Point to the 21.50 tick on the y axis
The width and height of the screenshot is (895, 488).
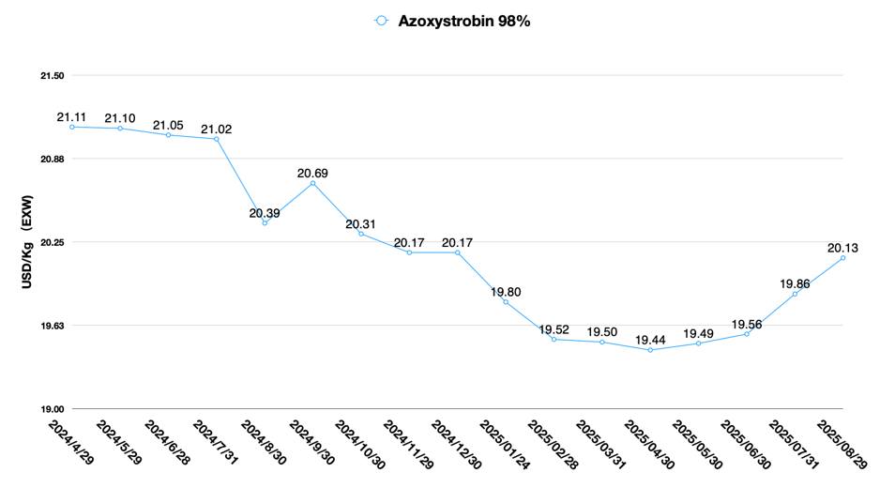point(51,75)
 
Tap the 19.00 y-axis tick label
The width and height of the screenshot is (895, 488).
point(51,409)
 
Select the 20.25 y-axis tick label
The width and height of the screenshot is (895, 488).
point(51,242)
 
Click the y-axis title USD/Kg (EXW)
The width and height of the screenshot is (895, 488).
point(27,242)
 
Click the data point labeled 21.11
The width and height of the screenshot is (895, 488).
point(72,127)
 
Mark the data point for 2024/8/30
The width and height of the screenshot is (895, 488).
point(265,222)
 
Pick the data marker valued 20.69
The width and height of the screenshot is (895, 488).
point(313,183)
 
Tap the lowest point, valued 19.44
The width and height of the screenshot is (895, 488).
point(650,350)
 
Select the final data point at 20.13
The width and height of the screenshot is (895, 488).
point(843,257)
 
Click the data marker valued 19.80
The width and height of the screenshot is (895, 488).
point(506,302)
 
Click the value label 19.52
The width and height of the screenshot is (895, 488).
point(554,330)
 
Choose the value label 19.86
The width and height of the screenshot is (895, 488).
point(795,282)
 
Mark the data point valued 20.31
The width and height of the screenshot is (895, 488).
point(361,233)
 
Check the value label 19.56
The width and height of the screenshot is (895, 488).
point(747,324)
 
